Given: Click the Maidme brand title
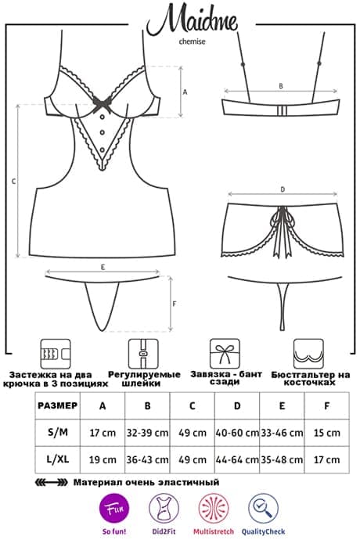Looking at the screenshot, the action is point(193,20).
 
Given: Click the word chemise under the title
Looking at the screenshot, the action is point(192,41).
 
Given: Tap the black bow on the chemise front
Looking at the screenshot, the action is point(103,103).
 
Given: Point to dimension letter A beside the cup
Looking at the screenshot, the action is point(185,92).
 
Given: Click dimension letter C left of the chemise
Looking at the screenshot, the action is point(13,181).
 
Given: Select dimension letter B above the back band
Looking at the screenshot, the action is point(281,86).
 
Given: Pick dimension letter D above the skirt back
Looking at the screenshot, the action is point(283,189).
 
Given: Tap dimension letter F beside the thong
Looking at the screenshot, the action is point(175,304).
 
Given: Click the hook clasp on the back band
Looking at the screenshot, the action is point(282,111).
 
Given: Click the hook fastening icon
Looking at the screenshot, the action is point(56,354).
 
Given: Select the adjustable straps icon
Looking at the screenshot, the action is point(143,354).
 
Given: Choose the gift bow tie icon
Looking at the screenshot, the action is point(225,353).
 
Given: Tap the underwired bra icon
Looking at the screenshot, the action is point(308,354).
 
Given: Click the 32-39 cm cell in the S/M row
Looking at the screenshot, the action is point(147,433).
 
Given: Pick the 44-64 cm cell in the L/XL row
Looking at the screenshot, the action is point(237,459).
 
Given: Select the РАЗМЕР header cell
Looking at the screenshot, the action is point(58,405).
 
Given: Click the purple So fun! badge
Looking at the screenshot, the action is point(114,509).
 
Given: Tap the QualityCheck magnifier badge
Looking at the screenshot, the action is point(263,508).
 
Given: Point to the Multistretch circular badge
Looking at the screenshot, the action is point(213,508).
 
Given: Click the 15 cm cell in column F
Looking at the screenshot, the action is point(326,433).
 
